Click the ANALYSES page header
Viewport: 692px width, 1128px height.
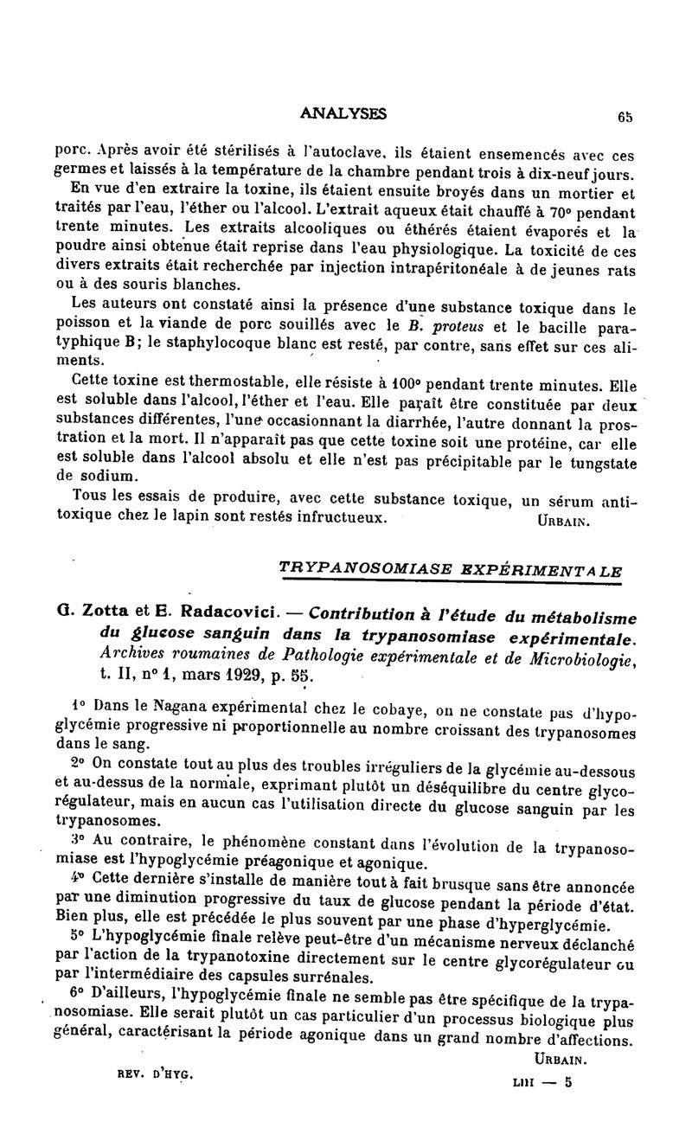pyautogui.click(x=343, y=112)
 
